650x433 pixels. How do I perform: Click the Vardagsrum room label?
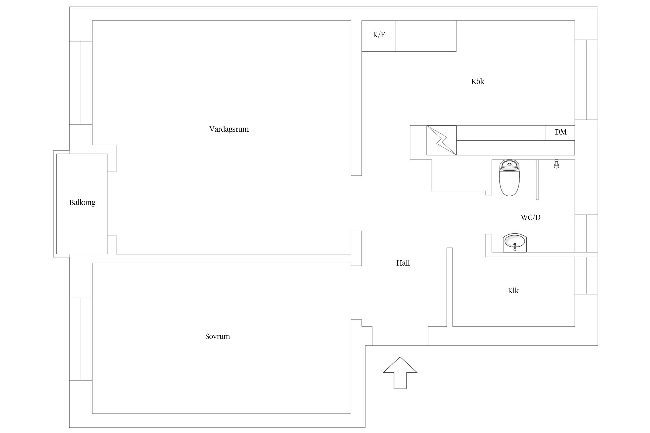coord(229,129)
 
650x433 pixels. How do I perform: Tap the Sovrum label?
coord(218,336)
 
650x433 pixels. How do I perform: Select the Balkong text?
coord(82,203)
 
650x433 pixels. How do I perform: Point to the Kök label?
coord(478,81)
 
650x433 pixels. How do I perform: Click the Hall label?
coord(403,263)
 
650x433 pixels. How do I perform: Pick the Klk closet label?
coord(513,291)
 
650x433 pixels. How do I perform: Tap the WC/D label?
coord(531,217)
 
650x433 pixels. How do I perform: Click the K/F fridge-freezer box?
coord(378,36)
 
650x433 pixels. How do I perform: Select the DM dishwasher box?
coord(560,133)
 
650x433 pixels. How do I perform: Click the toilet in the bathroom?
coord(510,178)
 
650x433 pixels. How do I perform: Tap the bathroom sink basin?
coord(515,243)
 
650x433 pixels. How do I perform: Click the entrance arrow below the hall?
coord(400,373)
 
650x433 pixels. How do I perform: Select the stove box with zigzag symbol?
coord(442,140)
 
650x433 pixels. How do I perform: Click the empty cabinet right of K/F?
coord(426,36)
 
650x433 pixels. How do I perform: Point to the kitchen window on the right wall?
coord(586,80)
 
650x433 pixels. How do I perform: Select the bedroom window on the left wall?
coord(81,339)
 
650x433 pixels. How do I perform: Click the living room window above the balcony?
coord(81,83)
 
